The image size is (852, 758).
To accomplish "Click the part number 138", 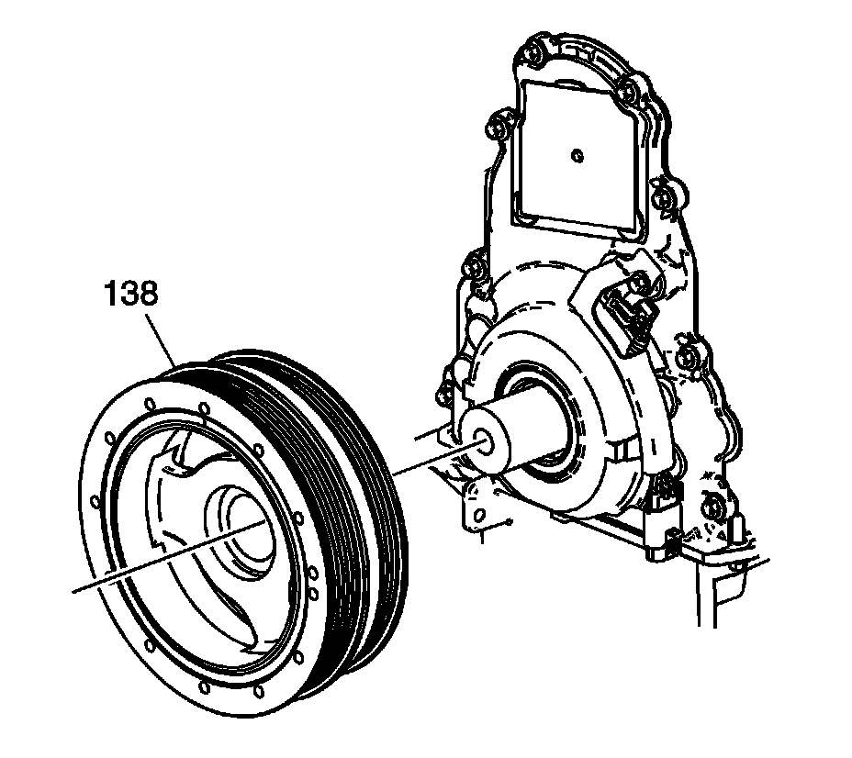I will [x=129, y=295].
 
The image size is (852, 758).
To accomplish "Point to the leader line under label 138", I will [x=163, y=340].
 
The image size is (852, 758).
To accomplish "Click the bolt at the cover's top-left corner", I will [x=530, y=50].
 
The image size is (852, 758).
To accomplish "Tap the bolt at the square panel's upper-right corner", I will [x=625, y=90].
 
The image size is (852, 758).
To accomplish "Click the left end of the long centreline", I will [x=75, y=591].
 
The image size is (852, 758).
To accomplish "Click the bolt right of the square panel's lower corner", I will [x=668, y=198].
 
